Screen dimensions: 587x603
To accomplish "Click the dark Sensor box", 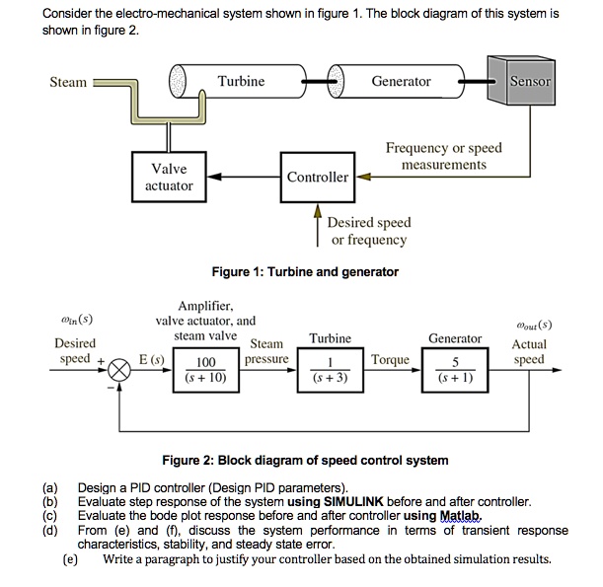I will tap(530, 81).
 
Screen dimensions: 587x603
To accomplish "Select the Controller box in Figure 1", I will tap(317, 177).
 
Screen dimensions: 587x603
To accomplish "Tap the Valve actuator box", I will tap(169, 177).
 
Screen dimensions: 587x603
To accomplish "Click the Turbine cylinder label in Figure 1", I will tap(241, 81).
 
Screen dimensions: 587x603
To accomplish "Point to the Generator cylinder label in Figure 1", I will tap(401, 81).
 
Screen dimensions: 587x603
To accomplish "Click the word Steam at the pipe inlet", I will tap(68, 82).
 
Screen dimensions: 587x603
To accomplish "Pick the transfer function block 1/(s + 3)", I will tap(330, 369).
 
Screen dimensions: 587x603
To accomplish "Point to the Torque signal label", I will tap(391, 360).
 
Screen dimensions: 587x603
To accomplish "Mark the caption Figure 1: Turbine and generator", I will tap(305, 271).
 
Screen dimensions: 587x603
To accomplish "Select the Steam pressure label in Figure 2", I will tap(266, 352).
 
